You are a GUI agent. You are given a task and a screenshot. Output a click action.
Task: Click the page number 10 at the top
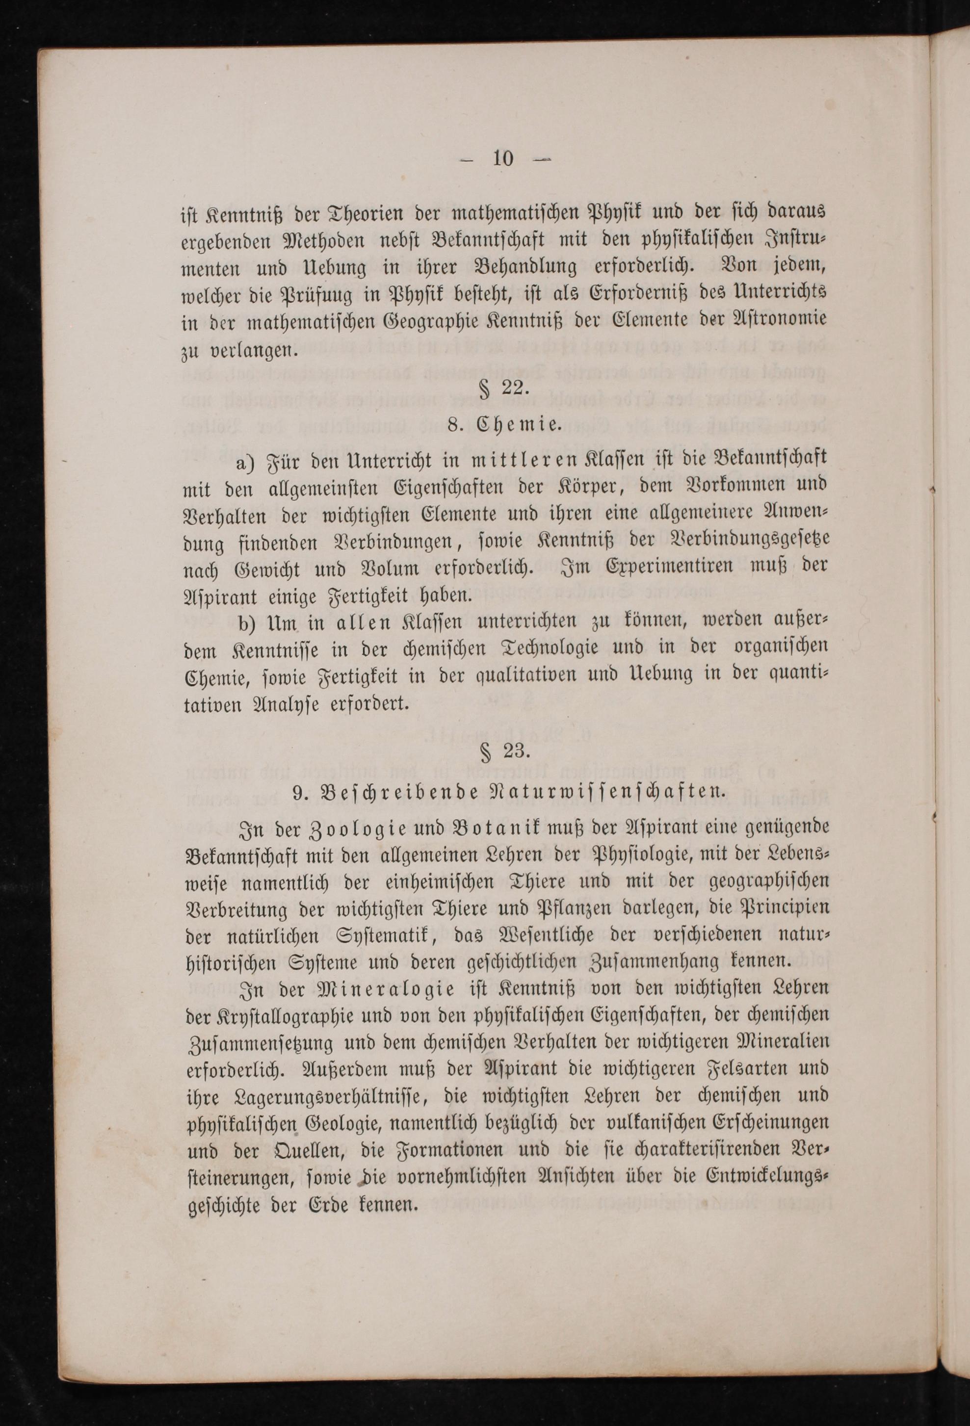click(x=502, y=159)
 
